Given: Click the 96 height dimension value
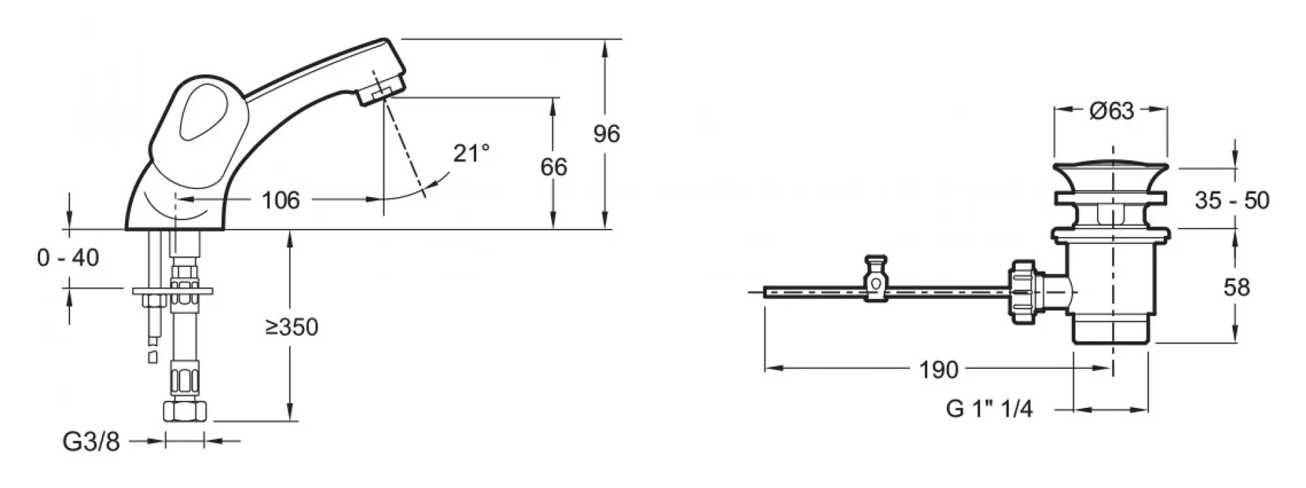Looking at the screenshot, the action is pos(607,133).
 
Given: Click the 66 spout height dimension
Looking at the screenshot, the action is pos(554,167).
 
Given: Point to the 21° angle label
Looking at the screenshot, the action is pos(471,153).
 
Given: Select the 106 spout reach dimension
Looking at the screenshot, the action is pos(281,200).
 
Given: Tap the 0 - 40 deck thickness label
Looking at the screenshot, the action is pos(68,258).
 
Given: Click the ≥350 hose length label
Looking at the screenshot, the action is pos(292,328).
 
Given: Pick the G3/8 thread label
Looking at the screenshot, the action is pos(91,442).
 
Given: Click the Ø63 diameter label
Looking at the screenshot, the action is pos(1111,111).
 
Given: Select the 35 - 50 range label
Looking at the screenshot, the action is pos(1232,201).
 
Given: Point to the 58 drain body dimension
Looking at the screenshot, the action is pos(1236,287).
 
